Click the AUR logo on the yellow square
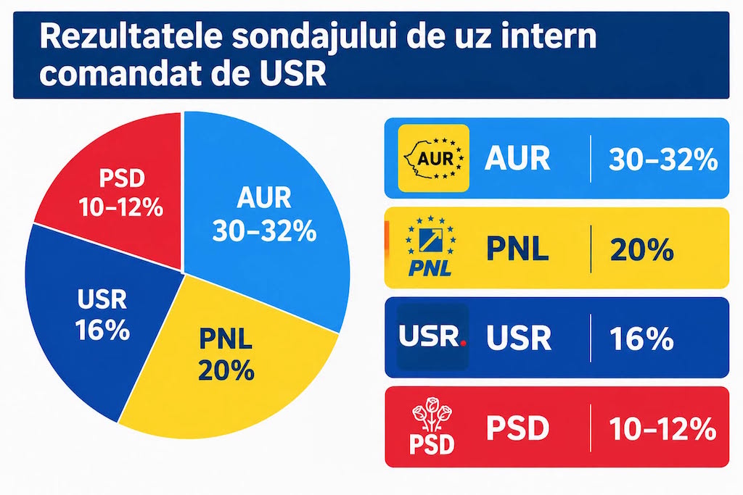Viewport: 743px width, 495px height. click(x=434, y=158)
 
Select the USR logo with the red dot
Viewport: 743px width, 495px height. click(x=432, y=336)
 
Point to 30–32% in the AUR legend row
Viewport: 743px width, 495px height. click(x=663, y=159)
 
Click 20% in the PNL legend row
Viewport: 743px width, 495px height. click(x=641, y=249)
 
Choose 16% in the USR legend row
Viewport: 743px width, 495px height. click(x=641, y=338)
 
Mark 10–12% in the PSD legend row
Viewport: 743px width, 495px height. click(x=662, y=429)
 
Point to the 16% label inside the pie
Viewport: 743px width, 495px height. click(x=102, y=330)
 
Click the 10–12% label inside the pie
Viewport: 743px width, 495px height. click(x=121, y=208)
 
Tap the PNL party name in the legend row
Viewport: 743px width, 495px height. click(x=517, y=249)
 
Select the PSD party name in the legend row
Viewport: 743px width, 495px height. click(x=517, y=428)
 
